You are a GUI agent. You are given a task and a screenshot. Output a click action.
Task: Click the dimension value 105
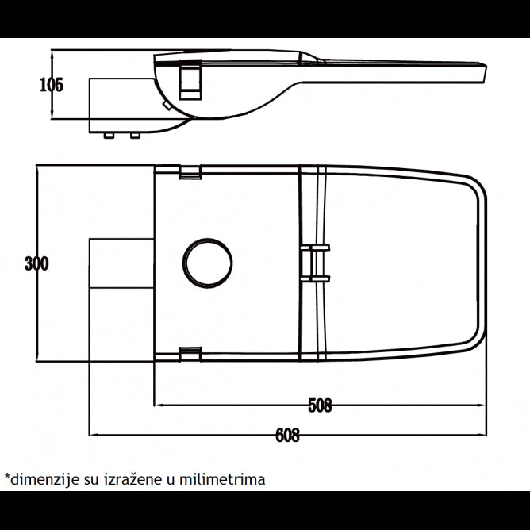(x=52, y=85)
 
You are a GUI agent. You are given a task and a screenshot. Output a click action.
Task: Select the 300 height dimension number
(x=36, y=263)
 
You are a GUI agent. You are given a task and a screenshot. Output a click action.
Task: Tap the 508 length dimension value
(x=319, y=405)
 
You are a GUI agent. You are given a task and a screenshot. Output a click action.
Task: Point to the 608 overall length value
(x=287, y=436)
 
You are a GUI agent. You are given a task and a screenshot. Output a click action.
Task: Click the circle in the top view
(x=208, y=263)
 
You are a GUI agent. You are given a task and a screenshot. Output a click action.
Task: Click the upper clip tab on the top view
(x=190, y=172)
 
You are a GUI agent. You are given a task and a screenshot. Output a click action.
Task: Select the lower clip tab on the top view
(x=190, y=354)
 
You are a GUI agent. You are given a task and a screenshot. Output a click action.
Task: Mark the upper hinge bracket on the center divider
(x=314, y=248)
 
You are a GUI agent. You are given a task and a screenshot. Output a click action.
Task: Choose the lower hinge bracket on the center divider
(x=314, y=278)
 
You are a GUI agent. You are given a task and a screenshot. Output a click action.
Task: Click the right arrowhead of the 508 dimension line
(x=482, y=405)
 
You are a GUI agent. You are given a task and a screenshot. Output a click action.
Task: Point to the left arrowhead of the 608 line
(x=93, y=435)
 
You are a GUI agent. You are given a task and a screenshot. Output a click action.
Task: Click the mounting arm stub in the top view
(x=121, y=263)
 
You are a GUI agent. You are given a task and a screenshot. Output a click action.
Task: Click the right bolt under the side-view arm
(x=135, y=136)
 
